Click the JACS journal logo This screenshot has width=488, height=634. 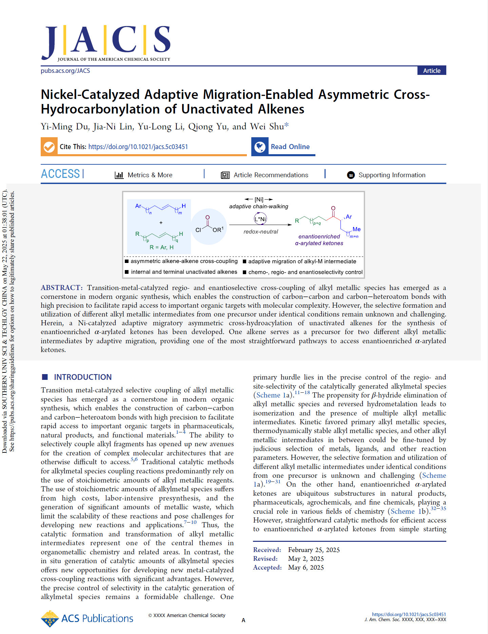[106, 42]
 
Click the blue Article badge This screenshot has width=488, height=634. [431, 70]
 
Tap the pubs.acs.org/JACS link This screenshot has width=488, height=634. [65, 70]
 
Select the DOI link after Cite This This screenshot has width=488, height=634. [138, 147]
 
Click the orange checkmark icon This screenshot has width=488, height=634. [49, 147]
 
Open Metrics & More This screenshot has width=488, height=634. [150, 175]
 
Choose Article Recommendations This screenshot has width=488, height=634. [271, 175]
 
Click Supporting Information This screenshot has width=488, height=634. [392, 175]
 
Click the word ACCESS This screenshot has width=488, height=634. [60, 174]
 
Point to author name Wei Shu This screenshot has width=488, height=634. [267, 126]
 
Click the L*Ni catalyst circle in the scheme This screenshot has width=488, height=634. [260, 219]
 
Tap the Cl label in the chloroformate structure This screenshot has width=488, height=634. [198, 230]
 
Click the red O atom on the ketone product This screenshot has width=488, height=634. [333, 208]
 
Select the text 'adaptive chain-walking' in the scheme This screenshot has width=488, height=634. [258, 206]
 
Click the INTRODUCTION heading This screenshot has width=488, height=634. [83, 377]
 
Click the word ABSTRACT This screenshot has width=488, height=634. [61, 288]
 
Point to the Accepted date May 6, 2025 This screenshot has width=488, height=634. [306, 567]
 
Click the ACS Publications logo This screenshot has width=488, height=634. [87, 618]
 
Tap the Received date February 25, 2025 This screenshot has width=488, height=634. [314, 550]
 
